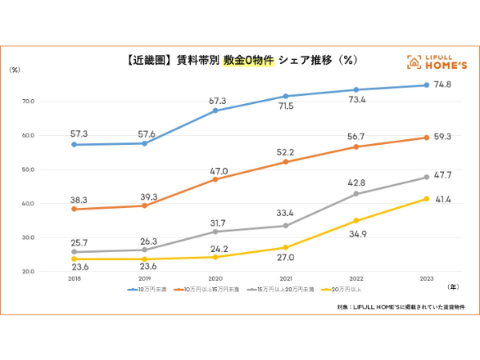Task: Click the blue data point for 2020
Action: pyautogui.click(x=215, y=110)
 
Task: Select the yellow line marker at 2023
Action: pyautogui.click(x=426, y=198)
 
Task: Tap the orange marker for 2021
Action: pyautogui.click(x=286, y=162)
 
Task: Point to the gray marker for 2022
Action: pyautogui.click(x=356, y=194)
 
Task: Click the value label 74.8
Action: pyautogui.click(x=441, y=84)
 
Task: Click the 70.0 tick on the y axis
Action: pyautogui.click(x=50, y=102)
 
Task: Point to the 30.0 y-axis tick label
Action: pyautogui.click(x=50, y=238)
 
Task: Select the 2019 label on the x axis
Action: pyautogui.click(x=144, y=279)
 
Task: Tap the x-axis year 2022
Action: pyautogui.click(x=355, y=279)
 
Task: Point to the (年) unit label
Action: pyautogui.click(x=453, y=286)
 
